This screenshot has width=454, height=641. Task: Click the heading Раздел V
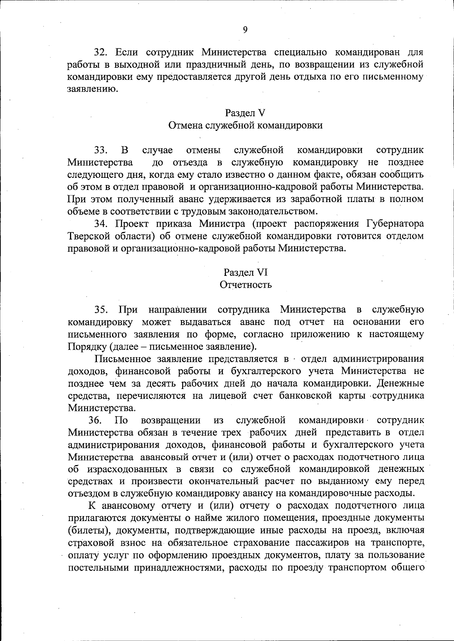click(x=245, y=113)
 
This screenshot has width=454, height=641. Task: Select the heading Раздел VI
click(x=245, y=272)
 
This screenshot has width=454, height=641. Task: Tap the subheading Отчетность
click(x=246, y=285)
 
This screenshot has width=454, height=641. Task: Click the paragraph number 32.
click(x=101, y=52)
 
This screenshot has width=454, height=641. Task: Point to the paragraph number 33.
click(x=101, y=150)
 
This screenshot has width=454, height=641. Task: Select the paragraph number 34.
click(x=101, y=224)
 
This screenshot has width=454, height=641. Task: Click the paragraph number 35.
click(x=101, y=310)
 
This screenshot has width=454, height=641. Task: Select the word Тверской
click(x=87, y=236)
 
